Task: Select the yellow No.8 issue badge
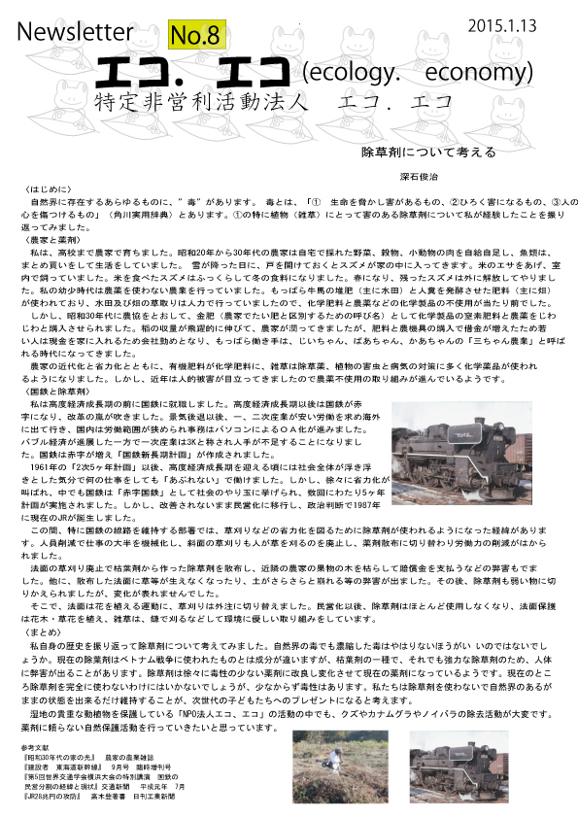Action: click(x=197, y=36)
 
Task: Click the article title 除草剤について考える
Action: click(x=428, y=153)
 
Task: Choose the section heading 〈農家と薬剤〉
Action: click(x=51, y=238)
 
